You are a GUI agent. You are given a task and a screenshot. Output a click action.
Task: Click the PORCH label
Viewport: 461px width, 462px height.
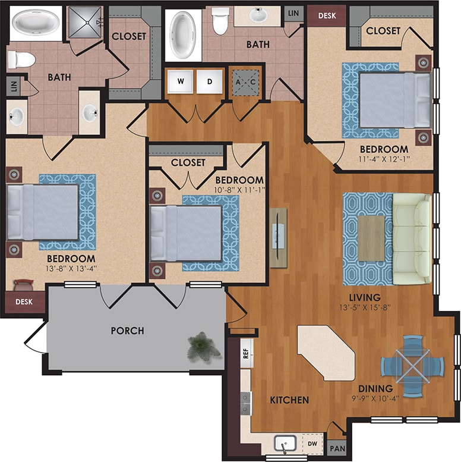[x=127, y=330]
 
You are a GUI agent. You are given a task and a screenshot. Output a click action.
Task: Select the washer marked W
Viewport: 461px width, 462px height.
[x=179, y=81]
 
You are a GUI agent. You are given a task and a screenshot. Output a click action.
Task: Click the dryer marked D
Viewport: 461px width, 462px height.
[x=209, y=81]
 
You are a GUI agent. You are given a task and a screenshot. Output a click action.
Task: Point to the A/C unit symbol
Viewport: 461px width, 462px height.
[x=244, y=81]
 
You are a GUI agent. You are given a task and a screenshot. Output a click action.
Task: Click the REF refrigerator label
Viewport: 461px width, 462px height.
[x=245, y=354]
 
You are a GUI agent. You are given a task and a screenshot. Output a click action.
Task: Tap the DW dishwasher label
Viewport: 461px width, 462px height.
[x=311, y=443]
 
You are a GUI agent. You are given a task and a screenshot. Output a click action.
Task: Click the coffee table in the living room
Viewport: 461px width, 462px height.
[x=371, y=238]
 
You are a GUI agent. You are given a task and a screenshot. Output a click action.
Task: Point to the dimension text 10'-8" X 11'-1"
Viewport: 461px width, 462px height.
[x=239, y=190]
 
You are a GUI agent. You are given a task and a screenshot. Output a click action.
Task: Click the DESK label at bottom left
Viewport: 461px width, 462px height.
[x=24, y=302]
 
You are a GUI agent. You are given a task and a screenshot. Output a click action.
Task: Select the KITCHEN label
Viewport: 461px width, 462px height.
[x=289, y=400]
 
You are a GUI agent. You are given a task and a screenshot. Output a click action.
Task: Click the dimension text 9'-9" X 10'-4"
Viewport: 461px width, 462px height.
[x=374, y=399]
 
